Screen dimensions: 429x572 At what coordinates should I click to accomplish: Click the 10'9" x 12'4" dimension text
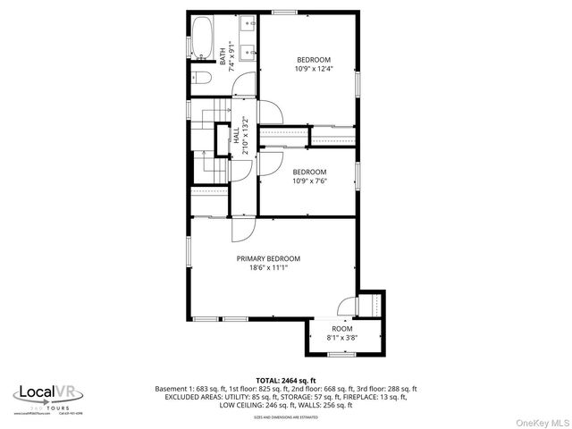click(314, 68)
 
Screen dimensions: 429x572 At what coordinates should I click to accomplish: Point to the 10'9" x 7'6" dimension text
click(309, 180)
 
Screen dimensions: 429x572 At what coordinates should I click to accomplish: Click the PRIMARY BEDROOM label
click(268, 258)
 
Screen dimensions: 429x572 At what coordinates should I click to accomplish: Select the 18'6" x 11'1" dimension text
click(268, 267)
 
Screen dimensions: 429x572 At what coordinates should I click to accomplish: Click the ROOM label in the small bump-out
click(342, 329)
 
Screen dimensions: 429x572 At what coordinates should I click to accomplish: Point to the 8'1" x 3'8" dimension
click(342, 338)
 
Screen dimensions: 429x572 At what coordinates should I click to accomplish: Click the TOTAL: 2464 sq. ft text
click(285, 380)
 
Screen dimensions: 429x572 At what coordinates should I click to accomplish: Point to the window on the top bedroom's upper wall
click(284, 12)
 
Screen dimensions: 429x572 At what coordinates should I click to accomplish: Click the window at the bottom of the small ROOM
click(341, 354)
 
